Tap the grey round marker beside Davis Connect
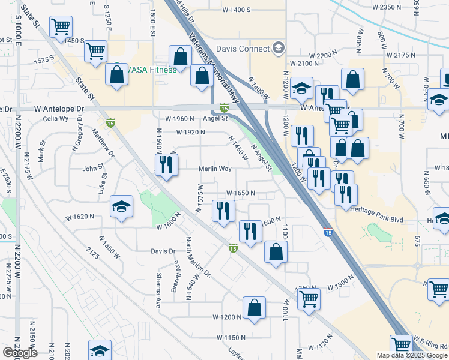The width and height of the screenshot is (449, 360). pyautogui.click(x=278, y=48)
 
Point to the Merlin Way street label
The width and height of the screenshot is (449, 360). pyautogui.click(x=215, y=169)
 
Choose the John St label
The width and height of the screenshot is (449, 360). pyautogui.click(x=93, y=169)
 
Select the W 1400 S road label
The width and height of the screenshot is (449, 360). pyautogui.click(x=236, y=10)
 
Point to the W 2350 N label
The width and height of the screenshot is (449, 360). pyautogui.click(x=386, y=7)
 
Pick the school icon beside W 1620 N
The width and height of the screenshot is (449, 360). pyautogui.click(x=121, y=207)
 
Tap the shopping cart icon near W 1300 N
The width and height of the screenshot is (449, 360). pyautogui.click(x=309, y=298)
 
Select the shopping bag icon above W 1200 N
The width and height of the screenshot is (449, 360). pyautogui.click(x=255, y=307)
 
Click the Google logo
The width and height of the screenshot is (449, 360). pyautogui.click(x=19, y=353)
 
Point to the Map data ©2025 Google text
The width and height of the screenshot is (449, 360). pyautogui.click(x=411, y=355)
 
